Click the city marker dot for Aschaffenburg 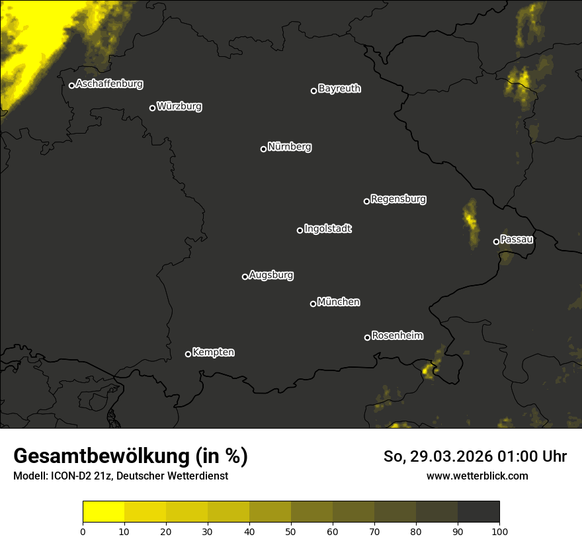tap(71, 85)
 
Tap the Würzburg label tap(179, 106)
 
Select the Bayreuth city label tap(339, 88)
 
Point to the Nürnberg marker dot tap(263, 149)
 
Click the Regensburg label tap(398, 198)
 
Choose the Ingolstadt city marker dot tap(300, 230)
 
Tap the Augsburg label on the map tap(271, 274)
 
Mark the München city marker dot tap(313, 304)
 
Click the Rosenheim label tap(397, 335)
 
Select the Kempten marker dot tap(188, 354)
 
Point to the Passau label tap(517, 239)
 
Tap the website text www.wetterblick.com tap(477, 476)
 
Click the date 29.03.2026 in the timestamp tap(450, 456)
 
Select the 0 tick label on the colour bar tap(83, 531)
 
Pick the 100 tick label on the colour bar tap(499, 531)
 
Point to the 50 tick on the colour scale tap(291, 531)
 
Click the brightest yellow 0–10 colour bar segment tap(103, 512)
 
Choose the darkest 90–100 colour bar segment tap(478, 512)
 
